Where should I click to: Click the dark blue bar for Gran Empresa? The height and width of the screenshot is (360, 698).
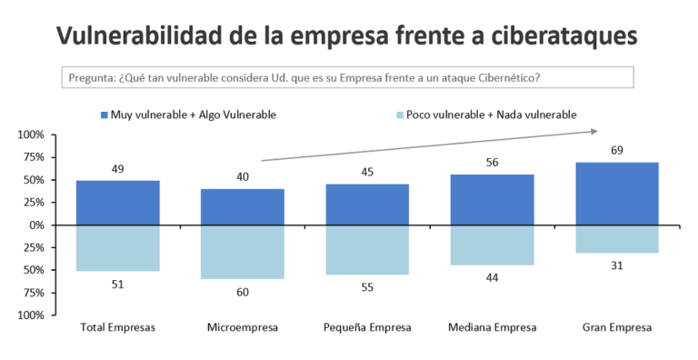[617, 194]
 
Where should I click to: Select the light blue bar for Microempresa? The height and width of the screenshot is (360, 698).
[243, 252]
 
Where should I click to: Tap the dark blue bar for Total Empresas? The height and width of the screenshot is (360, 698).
[118, 203]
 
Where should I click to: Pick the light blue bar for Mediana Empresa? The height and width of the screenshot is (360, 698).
[493, 245]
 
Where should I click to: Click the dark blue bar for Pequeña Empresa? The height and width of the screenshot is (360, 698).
[367, 205]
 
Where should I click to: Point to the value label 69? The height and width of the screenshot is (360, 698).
[617, 151]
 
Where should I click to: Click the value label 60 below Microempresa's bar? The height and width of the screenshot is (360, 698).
[243, 293]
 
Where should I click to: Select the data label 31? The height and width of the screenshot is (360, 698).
[617, 266]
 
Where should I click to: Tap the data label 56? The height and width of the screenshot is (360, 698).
[493, 163]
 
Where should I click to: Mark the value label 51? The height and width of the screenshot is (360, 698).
[118, 285]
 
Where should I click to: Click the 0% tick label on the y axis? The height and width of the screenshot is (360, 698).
[37, 225]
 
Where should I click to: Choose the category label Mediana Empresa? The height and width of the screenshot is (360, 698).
[493, 328]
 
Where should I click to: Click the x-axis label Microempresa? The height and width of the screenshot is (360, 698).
[243, 328]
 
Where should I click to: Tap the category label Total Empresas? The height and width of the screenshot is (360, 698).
[118, 328]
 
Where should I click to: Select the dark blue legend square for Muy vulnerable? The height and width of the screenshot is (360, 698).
[105, 115]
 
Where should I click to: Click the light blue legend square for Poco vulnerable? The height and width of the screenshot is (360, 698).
[400, 115]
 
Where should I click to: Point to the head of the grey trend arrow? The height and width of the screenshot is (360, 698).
[597, 131]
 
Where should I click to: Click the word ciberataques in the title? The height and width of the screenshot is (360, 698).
[564, 35]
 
